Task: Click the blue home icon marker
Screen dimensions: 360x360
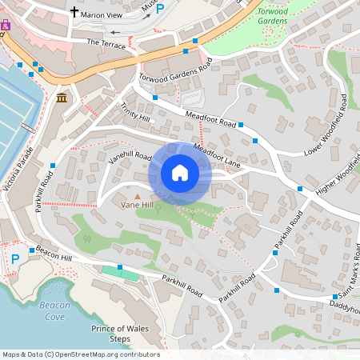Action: point(179,173)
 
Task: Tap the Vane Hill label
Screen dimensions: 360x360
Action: point(136,205)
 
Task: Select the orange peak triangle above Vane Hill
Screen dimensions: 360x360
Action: point(137,195)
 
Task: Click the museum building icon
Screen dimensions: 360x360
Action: point(62,98)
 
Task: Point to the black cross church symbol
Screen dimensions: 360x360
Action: point(75,12)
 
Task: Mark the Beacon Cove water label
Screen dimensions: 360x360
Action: point(54,310)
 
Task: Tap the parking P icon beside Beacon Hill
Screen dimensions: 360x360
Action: point(14,258)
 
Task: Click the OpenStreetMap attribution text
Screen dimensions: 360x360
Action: point(81,354)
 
